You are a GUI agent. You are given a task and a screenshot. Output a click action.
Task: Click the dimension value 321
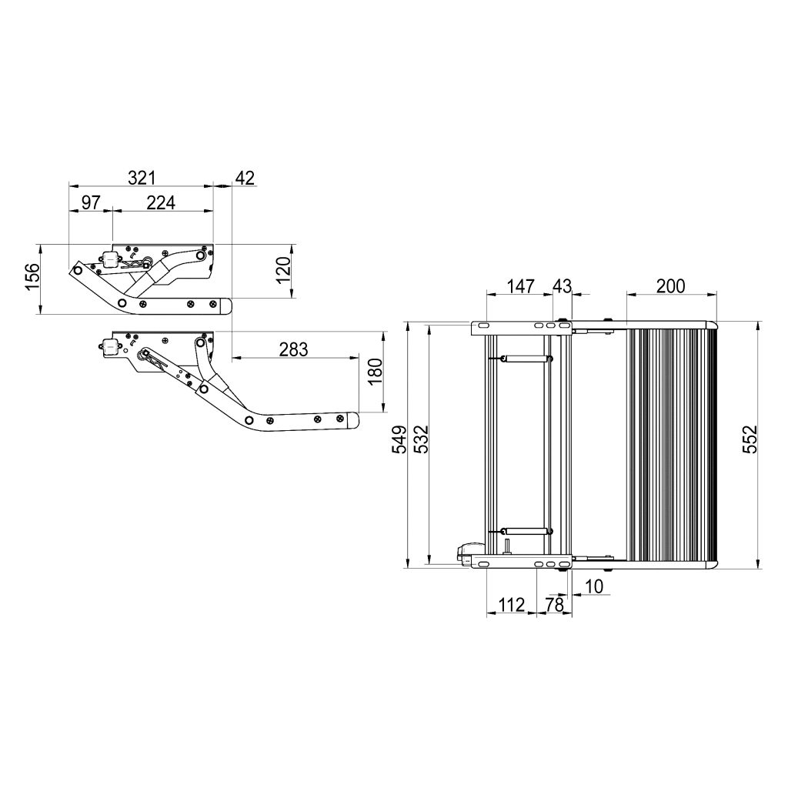tap(142, 178)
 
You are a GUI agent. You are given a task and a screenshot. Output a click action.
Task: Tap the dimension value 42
tap(244, 178)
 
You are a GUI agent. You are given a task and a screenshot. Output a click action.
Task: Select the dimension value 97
tap(91, 202)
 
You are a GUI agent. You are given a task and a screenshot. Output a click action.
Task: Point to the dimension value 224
tap(162, 202)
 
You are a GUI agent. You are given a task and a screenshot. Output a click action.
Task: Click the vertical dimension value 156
tap(32, 277)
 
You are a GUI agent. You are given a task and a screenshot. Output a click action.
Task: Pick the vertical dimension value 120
tap(284, 271)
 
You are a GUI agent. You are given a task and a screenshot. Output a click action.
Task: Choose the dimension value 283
tap(293, 349)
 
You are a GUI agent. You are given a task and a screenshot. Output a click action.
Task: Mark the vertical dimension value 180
tap(374, 372)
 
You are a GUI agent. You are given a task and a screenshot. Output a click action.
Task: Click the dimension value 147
tap(520, 286)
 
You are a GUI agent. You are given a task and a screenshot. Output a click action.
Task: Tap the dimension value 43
tap(562, 286)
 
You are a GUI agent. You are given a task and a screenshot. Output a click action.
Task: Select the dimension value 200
tap(670, 286)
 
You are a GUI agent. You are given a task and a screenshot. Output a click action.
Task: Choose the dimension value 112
tap(511, 605)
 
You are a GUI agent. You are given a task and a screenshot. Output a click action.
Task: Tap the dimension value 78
tap(554, 605)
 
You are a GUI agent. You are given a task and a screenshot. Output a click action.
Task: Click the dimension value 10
tap(594, 586)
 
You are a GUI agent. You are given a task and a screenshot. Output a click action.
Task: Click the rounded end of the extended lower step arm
tap(352, 420)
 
